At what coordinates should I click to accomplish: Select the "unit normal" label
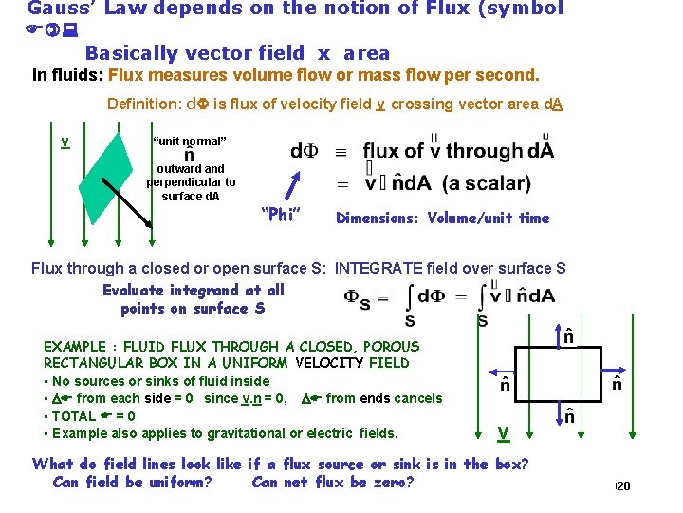190,142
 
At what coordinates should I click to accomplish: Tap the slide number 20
623,487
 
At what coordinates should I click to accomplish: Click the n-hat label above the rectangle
568,334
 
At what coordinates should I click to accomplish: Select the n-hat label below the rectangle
568,415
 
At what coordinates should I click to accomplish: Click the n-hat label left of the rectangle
507,386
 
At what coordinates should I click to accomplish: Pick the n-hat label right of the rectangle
618,384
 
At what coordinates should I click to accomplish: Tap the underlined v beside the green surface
65,142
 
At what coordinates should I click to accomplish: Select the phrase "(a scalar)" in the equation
487,183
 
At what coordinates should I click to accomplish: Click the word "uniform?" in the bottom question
175,482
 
